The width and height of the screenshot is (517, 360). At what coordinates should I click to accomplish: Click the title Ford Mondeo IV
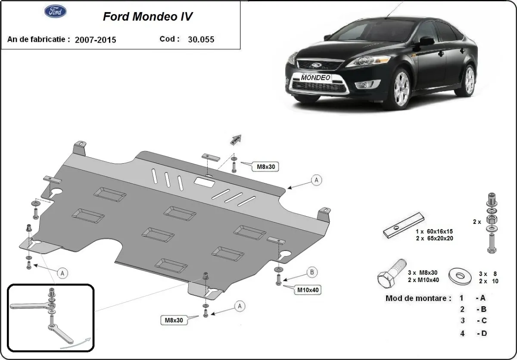(148, 16)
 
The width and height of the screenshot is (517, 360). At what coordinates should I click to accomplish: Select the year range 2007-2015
(95, 40)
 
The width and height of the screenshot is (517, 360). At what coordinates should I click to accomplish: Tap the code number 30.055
(201, 39)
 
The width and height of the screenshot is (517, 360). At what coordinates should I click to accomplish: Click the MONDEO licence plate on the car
(316, 78)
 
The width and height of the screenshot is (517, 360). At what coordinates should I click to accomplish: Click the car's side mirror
(426, 41)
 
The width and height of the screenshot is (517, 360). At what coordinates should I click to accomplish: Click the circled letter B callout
(312, 272)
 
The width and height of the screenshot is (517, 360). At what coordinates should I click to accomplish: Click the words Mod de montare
(418, 298)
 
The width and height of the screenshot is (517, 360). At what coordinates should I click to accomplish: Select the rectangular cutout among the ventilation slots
(205, 182)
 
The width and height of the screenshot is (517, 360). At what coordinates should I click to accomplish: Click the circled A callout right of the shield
(317, 180)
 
